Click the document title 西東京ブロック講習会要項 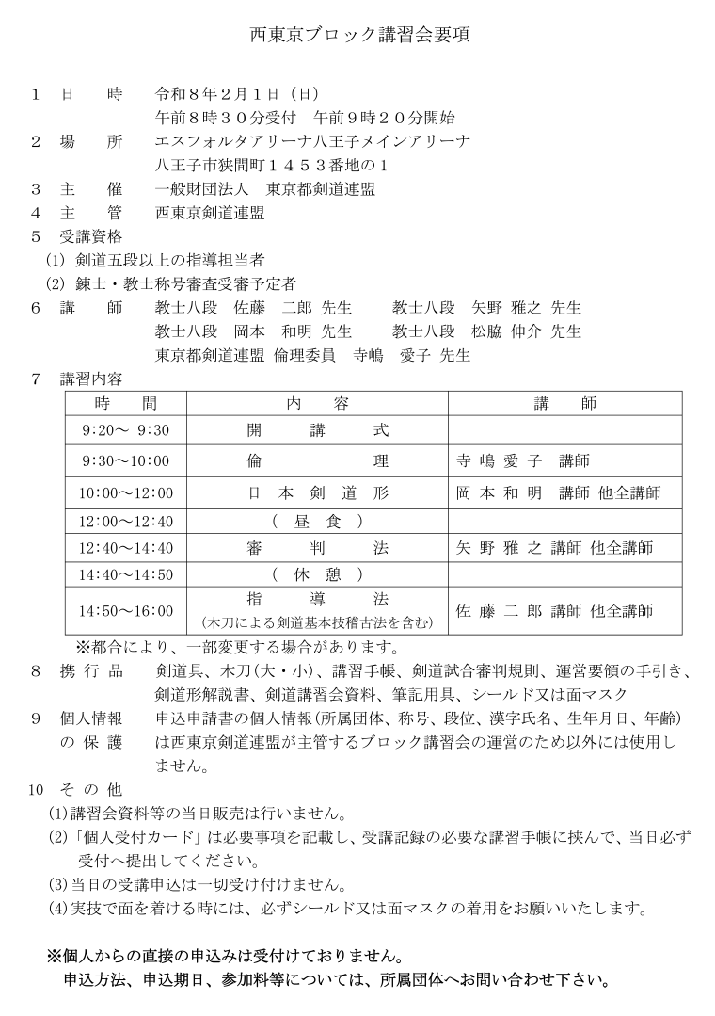click(x=357, y=37)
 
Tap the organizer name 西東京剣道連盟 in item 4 click(x=210, y=212)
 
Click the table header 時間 click(x=126, y=403)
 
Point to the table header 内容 click(x=317, y=403)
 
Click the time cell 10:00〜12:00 click(x=126, y=492)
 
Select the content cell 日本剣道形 click(x=317, y=492)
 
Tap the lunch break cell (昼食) click(x=317, y=521)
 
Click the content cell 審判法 click(x=317, y=548)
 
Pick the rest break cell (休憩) click(x=317, y=574)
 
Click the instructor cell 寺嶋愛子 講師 click(x=521, y=461)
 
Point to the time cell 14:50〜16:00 click(x=126, y=610)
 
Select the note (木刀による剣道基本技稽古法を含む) click(x=317, y=621)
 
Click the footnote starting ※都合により click(x=240, y=648)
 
